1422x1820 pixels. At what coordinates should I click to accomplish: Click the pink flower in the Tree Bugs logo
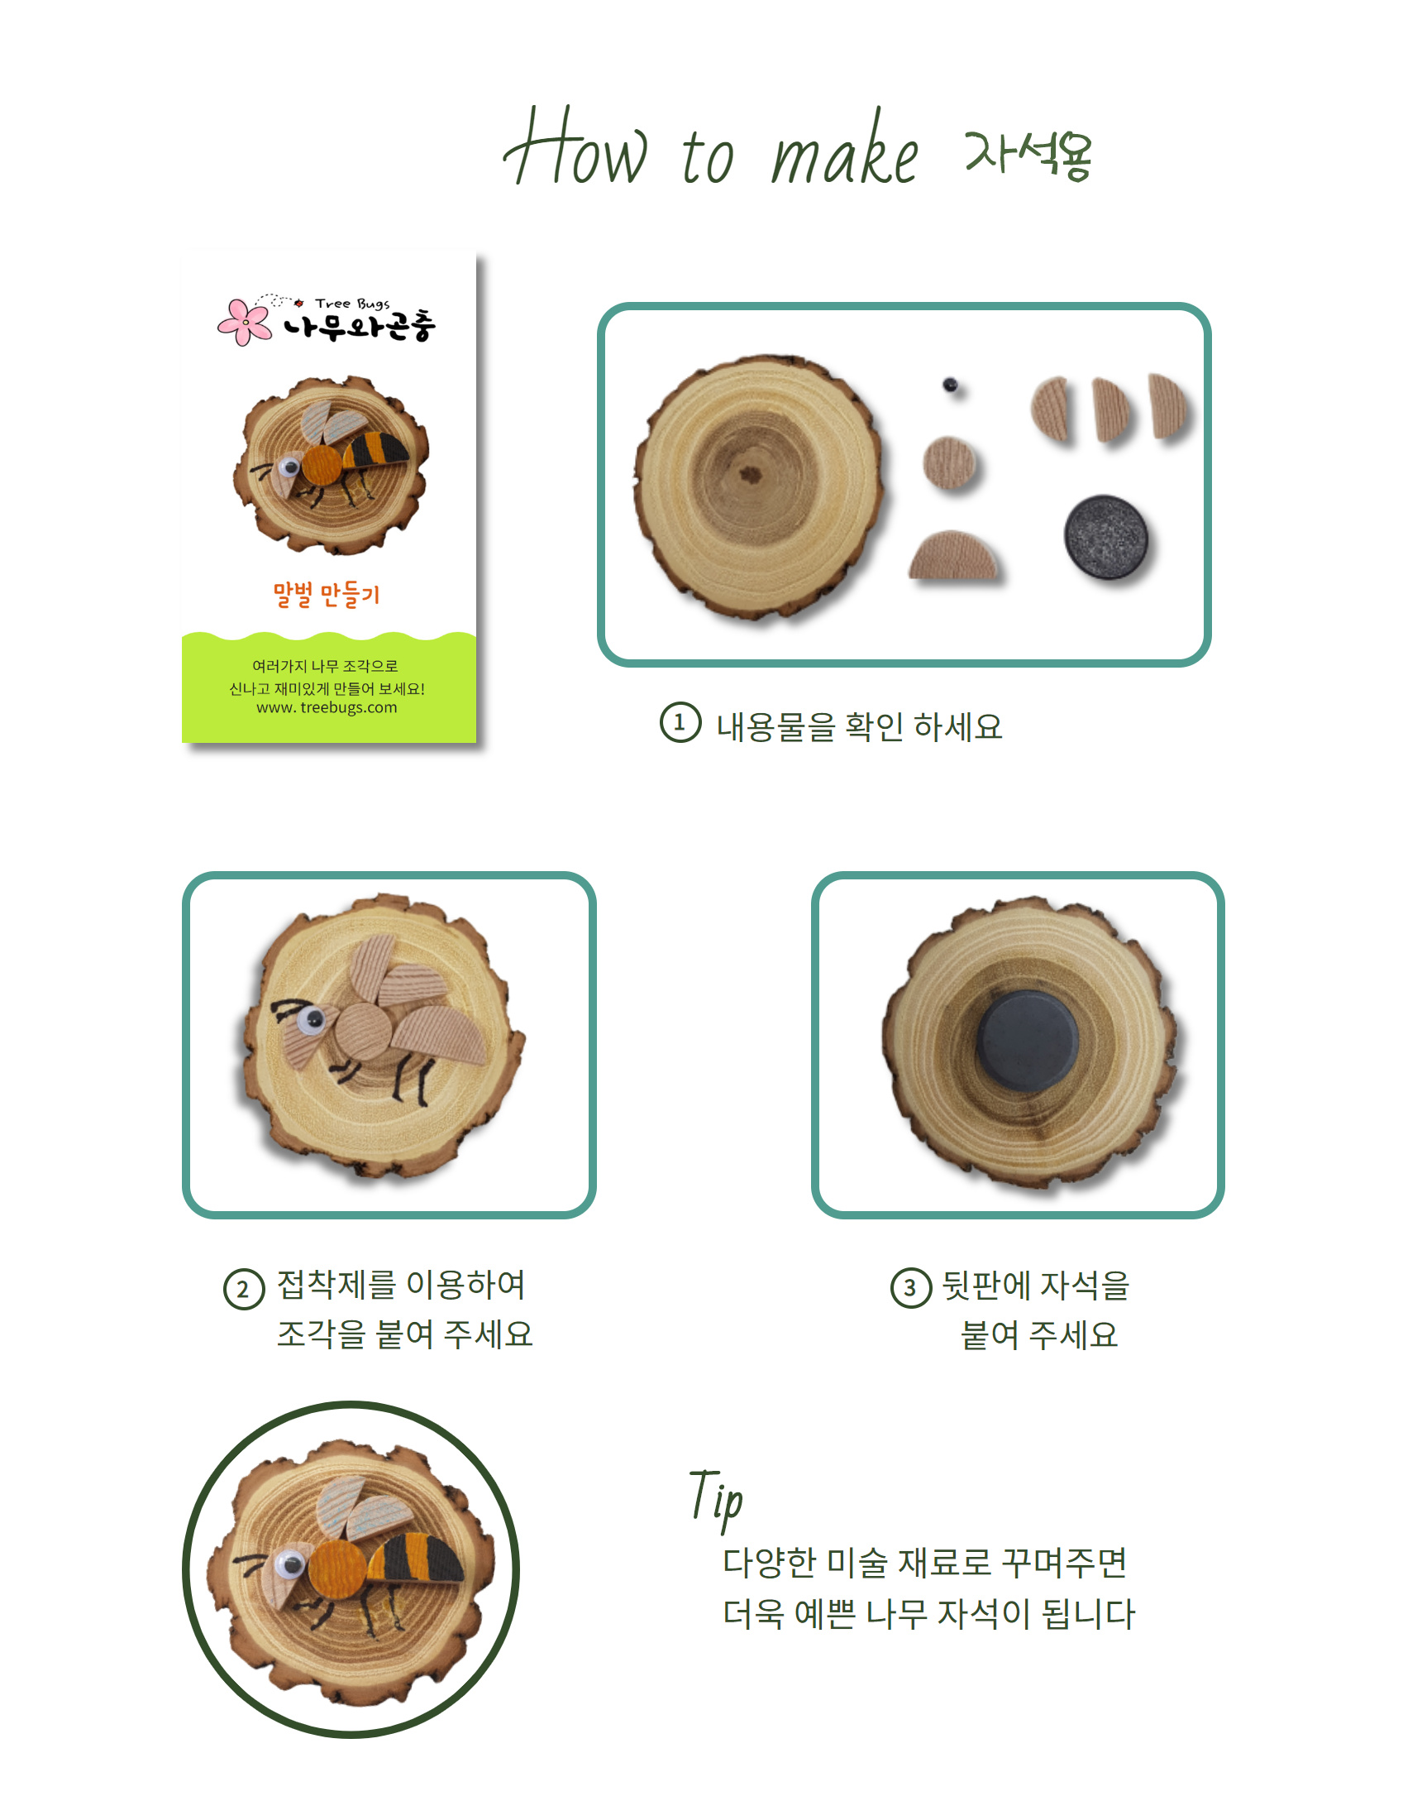244,322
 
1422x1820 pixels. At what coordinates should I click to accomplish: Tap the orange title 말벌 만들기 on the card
327,595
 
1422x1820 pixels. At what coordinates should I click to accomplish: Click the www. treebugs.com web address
327,707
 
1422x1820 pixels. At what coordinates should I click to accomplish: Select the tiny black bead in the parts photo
950,385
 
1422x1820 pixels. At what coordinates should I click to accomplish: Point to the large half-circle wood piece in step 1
953,555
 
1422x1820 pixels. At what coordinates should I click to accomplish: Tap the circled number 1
680,722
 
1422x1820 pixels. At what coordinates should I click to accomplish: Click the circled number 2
243,1289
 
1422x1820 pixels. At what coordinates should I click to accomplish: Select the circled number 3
910,1287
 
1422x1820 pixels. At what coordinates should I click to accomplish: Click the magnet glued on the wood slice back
1027,1041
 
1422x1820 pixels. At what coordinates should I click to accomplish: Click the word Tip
716,1497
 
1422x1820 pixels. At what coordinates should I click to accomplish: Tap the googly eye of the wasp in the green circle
292,1564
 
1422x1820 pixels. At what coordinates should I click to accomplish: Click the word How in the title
575,147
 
